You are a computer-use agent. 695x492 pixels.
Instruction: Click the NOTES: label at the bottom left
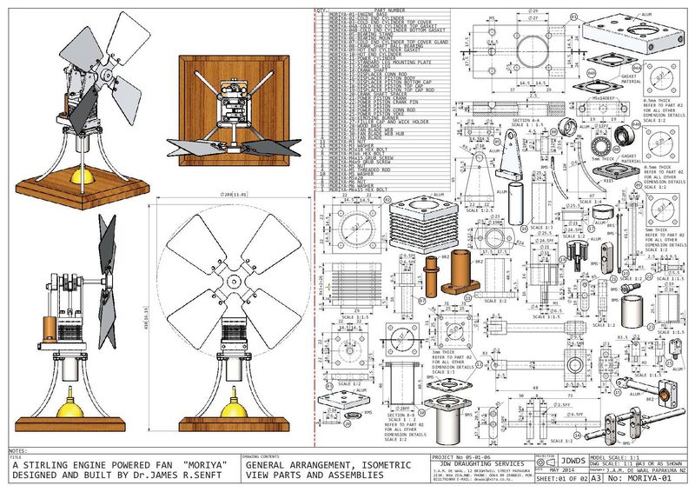[17, 452]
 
